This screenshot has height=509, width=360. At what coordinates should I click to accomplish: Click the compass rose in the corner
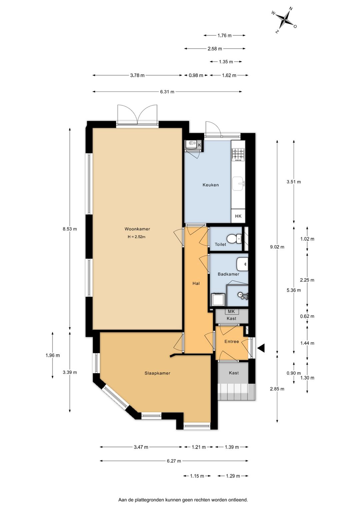(x=284, y=20)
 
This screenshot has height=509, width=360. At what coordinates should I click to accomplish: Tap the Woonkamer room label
(x=137, y=229)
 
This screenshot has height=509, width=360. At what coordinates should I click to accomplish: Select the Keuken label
(x=211, y=185)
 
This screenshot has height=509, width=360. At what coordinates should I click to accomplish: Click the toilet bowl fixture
(x=234, y=238)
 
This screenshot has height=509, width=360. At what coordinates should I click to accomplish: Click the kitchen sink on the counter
(x=238, y=183)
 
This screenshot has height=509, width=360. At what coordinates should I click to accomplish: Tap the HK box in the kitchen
(x=238, y=216)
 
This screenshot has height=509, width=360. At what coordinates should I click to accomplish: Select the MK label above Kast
(x=231, y=312)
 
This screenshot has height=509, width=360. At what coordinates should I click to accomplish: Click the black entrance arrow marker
(x=261, y=348)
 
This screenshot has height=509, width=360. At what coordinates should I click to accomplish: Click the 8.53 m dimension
(x=70, y=229)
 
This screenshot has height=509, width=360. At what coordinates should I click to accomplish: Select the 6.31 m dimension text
(x=167, y=92)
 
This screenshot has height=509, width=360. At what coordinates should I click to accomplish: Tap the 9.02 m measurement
(x=277, y=247)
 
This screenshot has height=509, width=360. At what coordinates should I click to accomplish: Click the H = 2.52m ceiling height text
(x=137, y=237)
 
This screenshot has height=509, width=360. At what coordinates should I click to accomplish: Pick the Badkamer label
(x=228, y=274)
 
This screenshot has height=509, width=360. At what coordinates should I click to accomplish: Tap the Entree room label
(x=232, y=342)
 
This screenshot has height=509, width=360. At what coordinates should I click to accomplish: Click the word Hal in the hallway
(x=196, y=284)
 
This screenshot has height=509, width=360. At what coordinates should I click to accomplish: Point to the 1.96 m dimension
(x=53, y=355)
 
